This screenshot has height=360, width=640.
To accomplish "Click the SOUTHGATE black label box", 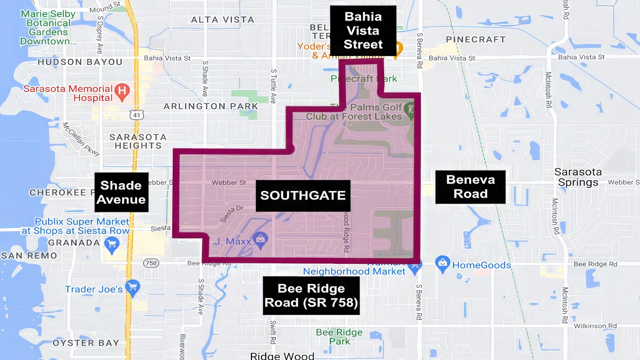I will (303, 196).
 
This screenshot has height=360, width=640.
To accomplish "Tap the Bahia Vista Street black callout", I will (363, 30).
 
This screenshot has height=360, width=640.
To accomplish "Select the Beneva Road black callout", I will (470, 187).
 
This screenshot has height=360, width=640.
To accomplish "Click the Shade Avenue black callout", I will (121, 192).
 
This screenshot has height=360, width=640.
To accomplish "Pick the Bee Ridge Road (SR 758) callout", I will (311, 296).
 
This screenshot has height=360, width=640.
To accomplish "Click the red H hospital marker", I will (122, 92).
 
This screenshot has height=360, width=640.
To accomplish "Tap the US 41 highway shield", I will (136, 115).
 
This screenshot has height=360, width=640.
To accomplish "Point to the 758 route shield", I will (151, 263).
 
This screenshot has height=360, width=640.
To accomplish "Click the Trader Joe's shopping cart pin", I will (132, 288).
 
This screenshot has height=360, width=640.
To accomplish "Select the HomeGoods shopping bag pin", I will (442, 263).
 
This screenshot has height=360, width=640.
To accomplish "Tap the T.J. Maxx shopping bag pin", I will (260, 240).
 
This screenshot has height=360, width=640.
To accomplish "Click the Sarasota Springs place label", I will (578, 177).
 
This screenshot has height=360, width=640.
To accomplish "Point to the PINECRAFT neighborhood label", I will (476, 40).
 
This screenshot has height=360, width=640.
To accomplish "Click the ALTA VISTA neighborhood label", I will (222, 20).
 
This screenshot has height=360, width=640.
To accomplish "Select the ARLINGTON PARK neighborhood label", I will (211, 106).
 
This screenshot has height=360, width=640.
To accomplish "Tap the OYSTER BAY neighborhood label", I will (86, 343).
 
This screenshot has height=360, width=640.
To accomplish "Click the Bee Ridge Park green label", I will (339, 337).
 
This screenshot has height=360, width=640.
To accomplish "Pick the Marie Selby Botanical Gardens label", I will (48, 27).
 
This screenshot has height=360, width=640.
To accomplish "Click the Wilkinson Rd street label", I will (595, 326).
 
